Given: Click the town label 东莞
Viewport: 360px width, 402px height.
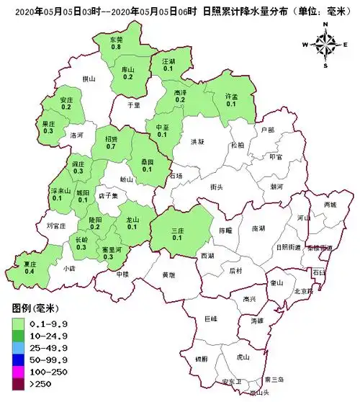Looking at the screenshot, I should point(116,39).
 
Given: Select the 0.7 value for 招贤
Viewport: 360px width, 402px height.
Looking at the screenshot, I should point(111,146).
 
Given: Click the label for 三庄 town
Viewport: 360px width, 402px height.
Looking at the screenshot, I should point(178,231).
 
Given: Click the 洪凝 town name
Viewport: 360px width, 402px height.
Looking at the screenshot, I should point(198,142).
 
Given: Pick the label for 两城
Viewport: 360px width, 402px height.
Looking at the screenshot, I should point(330,205).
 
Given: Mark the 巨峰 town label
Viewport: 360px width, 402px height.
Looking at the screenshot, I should point(211,318).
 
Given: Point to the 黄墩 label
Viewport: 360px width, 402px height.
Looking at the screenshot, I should point(168,275).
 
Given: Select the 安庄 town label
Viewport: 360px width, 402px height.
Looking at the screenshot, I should point(66,99).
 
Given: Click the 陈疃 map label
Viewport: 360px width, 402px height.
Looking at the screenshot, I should point(226,231).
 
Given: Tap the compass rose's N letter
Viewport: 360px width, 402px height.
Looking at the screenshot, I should point(325,25).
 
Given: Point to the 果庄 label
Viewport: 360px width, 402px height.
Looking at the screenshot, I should point(48,124).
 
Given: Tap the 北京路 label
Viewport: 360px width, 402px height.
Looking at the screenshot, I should point(305,291).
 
